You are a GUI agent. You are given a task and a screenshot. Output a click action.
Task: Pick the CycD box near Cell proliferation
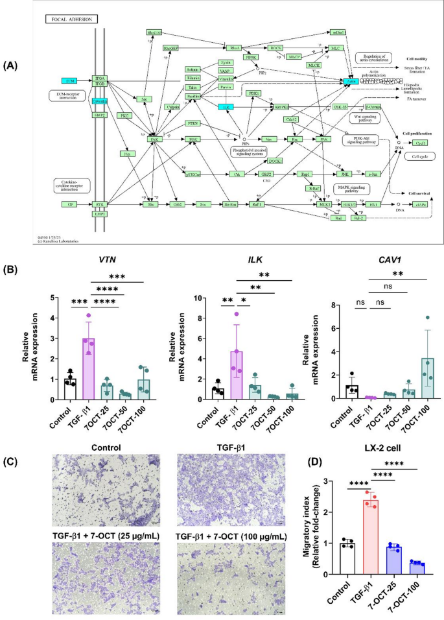(420, 143)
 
